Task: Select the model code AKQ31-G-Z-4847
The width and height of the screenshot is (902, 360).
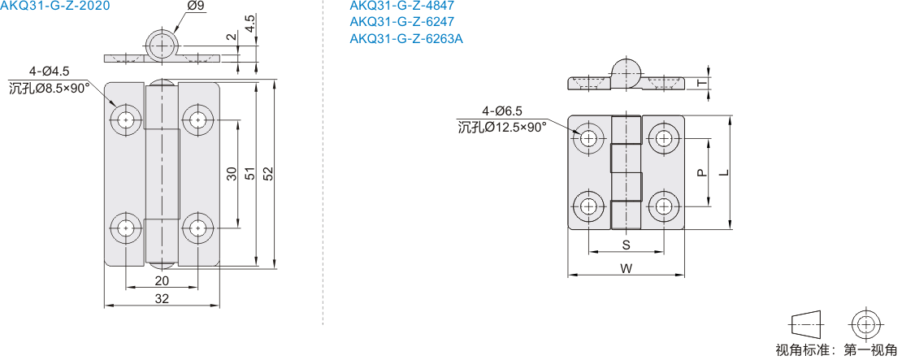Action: [402, 7]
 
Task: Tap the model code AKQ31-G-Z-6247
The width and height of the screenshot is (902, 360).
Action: [402, 23]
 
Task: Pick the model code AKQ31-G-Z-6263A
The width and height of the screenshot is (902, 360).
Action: [406, 38]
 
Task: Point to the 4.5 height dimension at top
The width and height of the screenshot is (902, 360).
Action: [249, 24]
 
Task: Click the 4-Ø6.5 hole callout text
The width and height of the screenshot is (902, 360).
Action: [503, 111]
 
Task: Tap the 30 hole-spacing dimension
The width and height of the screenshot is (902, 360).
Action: [232, 174]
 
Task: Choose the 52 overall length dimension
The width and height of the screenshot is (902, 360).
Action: [267, 174]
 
